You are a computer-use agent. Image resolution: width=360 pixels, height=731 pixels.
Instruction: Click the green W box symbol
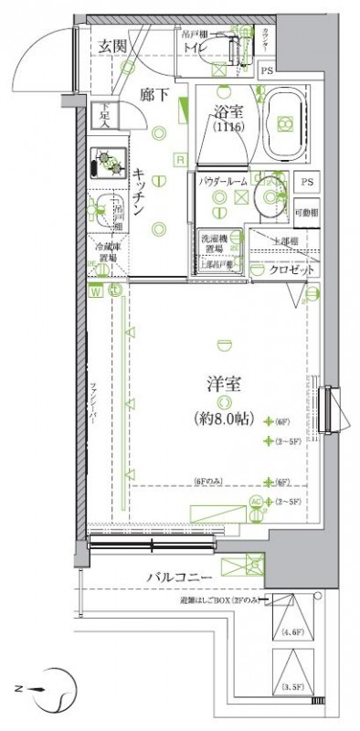point(95,291)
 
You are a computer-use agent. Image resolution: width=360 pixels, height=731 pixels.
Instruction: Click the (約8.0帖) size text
point(220,420)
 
